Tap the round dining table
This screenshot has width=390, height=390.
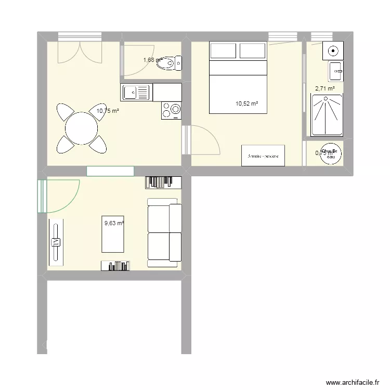coord(81,128)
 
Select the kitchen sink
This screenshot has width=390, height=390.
coord(136,93)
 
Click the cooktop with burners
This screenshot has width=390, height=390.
coord(171,110)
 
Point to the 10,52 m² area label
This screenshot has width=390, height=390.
coord(246,104)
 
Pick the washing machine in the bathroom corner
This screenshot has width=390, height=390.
coord(332,51)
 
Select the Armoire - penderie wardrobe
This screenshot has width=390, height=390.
coord(263,155)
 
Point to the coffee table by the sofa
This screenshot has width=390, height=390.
coord(112,234)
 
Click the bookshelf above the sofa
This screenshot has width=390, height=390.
coord(163,182)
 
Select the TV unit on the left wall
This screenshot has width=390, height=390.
coord(56,241)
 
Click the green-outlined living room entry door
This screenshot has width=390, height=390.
coord(57,197)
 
